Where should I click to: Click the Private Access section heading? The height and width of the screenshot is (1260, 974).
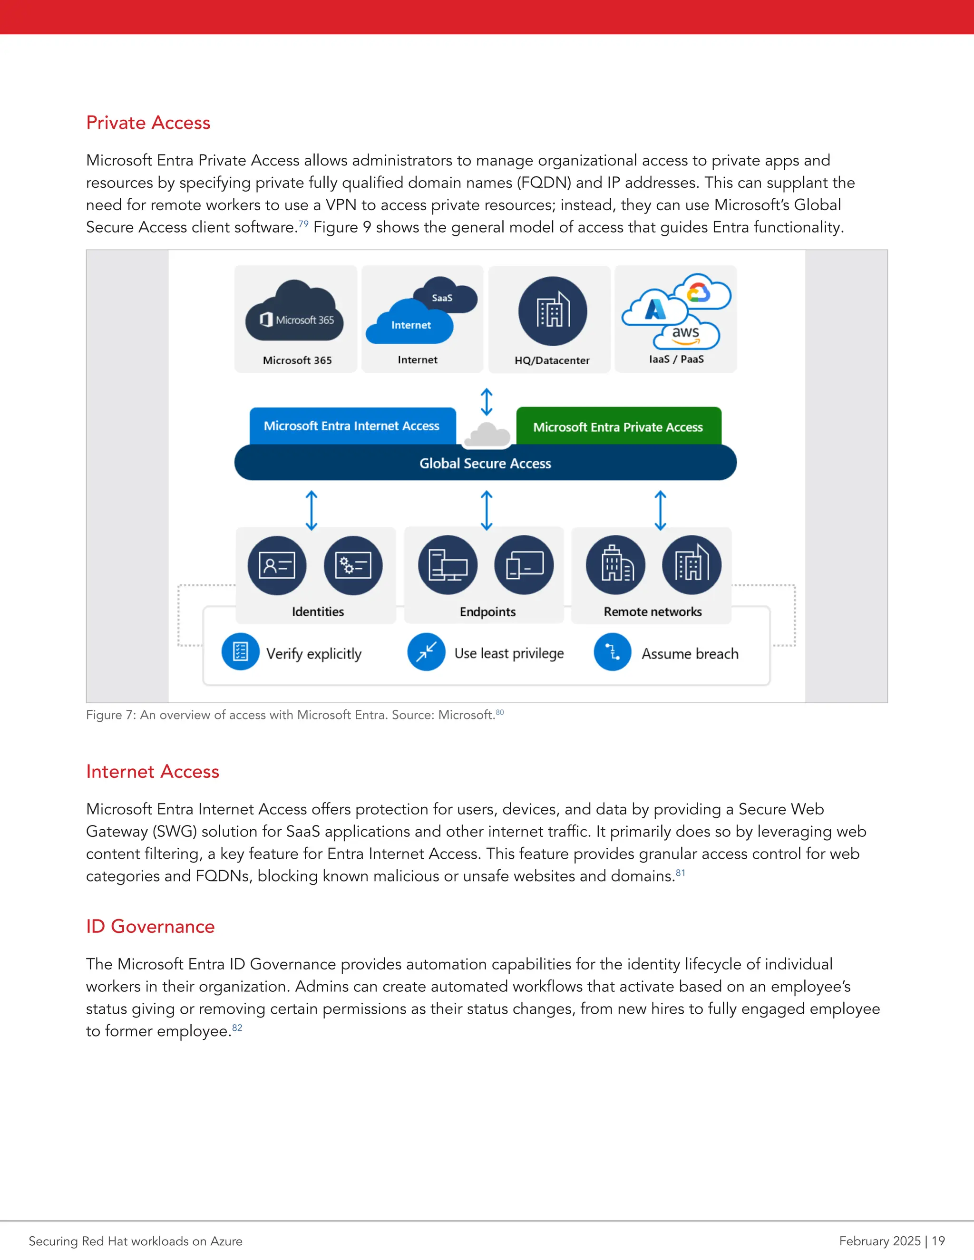point(148,123)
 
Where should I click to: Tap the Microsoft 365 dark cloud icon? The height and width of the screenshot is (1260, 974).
point(294,312)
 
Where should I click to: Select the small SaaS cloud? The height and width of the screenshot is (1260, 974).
point(447,295)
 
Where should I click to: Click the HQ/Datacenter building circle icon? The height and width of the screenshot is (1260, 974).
point(552,311)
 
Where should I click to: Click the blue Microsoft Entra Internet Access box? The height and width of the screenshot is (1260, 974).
point(352,426)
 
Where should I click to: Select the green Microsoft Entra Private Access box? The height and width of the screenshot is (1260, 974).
point(618,426)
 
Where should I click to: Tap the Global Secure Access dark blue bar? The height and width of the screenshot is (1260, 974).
point(485,463)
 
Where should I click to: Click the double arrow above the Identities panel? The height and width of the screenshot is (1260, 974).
point(312,510)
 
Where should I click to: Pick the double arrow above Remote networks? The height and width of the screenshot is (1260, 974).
point(660,510)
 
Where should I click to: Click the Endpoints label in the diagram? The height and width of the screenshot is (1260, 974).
point(487,611)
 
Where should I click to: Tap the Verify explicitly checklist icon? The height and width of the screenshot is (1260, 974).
point(240,652)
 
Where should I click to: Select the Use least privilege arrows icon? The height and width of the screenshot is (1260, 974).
point(426,652)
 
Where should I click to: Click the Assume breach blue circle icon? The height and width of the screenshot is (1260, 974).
point(612,652)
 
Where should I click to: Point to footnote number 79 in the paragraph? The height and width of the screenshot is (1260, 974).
point(303,224)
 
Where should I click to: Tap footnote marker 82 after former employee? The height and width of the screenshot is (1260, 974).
point(237,1027)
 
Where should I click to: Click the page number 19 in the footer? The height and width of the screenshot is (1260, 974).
point(938,1241)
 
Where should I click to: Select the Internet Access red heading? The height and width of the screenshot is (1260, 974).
point(152,772)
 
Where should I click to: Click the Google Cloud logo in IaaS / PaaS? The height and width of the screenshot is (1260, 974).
point(699,292)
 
